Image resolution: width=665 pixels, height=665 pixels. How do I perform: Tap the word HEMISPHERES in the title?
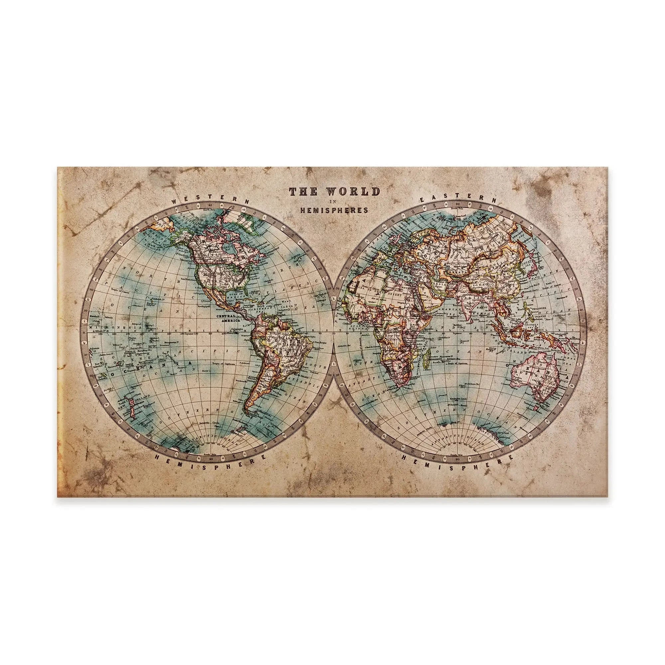(x=334, y=209)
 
